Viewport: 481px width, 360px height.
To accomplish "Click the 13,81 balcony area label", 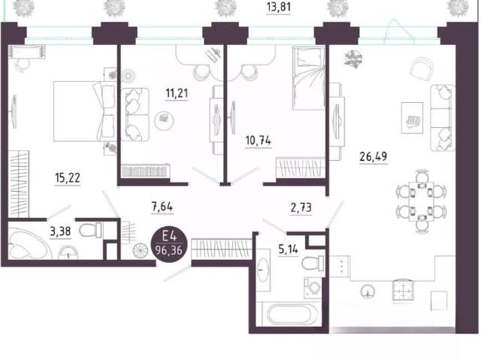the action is [x=279, y=7].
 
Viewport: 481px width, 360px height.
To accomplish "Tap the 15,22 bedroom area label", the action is [x=68, y=178].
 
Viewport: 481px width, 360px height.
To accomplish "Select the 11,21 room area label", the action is [x=177, y=93].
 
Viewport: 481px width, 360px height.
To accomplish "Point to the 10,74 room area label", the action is [x=259, y=141].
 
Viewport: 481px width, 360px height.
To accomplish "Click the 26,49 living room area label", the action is [x=374, y=156].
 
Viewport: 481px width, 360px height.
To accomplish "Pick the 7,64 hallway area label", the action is [x=162, y=207].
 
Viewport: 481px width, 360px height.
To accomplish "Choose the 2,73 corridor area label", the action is [x=301, y=208].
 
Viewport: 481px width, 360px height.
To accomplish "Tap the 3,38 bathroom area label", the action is [x=60, y=231].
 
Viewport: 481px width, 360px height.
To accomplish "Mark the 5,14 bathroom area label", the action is [x=289, y=250].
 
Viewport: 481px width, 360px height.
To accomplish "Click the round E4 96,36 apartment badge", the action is [x=168, y=245].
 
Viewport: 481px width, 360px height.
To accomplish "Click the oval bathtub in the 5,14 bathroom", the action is [x=289, y=314].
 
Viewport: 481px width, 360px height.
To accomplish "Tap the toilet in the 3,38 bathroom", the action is [x=90, y=230].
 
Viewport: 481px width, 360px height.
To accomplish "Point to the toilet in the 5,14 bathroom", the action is [x=313, y=263].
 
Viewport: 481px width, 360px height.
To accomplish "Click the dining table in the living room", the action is [x=422, y=201].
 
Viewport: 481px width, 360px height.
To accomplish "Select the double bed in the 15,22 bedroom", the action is [x=83, y=111].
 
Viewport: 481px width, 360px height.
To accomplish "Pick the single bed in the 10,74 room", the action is [x=309, y=78].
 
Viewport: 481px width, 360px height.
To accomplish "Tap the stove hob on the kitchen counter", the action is [x=403, y=289].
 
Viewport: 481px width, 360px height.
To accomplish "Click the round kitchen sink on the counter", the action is [x=368, y=292].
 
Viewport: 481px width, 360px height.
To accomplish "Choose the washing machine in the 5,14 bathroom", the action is [x=313, y=288].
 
